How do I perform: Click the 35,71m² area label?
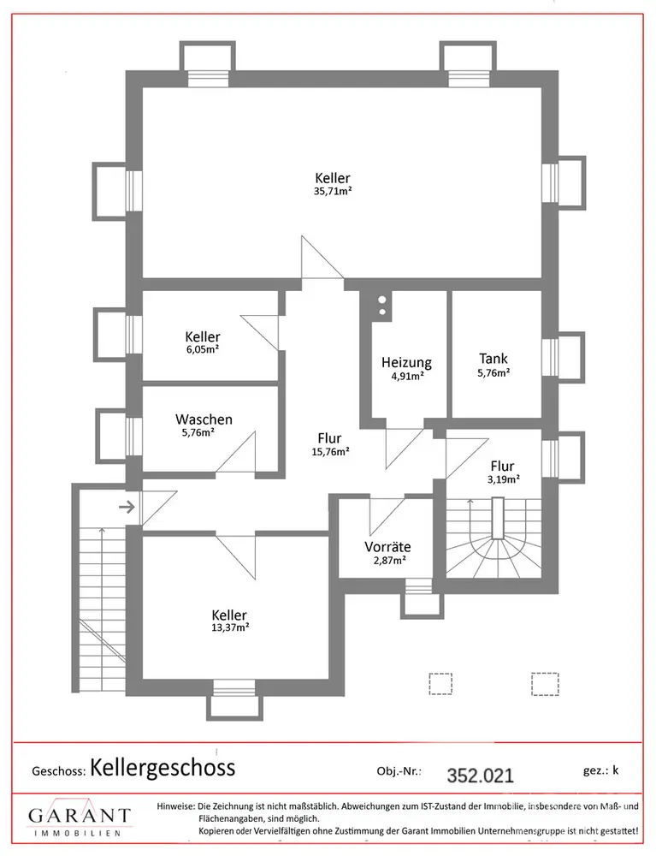[333, 192]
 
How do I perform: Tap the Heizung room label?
[406, 362]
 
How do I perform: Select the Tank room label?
[493, 359]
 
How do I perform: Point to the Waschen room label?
[204, 419]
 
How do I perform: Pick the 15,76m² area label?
[328, 453]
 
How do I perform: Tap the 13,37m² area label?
[231, 627]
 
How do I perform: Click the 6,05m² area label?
[203, 349]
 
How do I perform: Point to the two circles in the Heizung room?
[381, 306]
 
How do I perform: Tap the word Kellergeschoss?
[163, 767]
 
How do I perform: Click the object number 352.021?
[481, 776]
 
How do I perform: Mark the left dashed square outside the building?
[440, 683]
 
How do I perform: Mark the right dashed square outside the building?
[544, 683]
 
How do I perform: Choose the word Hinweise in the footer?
[175, 807]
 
